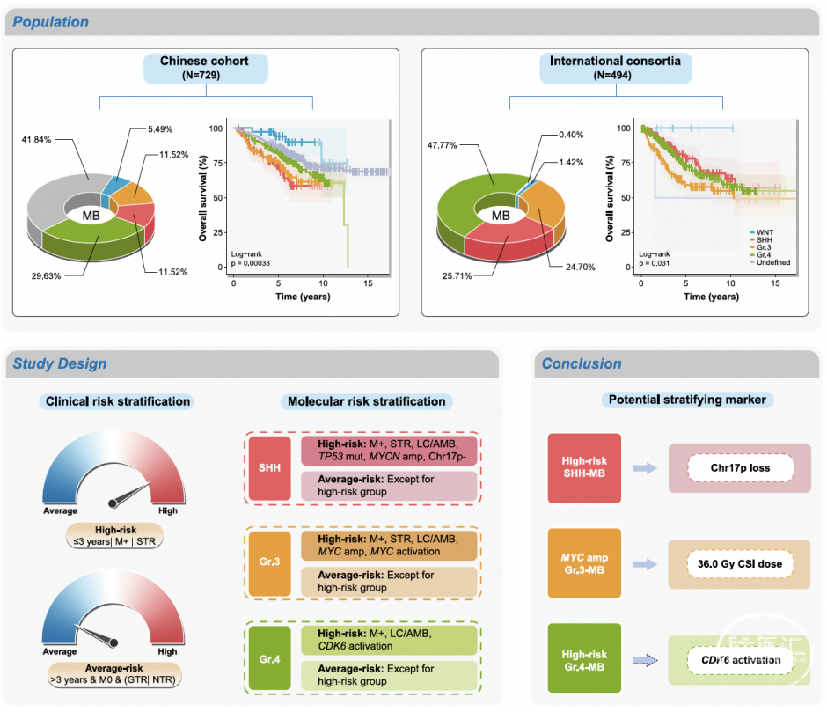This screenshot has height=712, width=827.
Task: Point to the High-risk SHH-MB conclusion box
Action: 584,467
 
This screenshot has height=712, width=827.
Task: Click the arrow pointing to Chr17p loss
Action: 644,468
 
